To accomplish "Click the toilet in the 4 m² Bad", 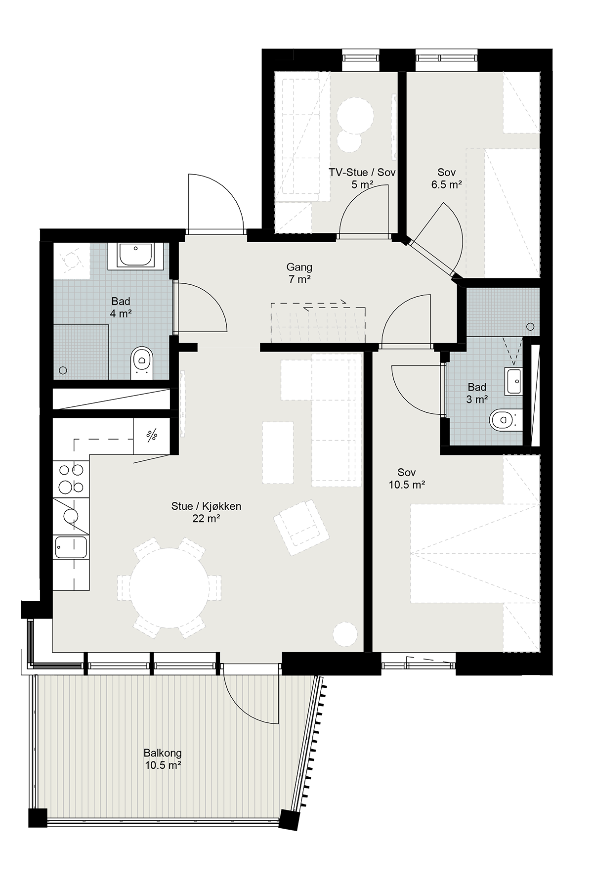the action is (x=142, y=362).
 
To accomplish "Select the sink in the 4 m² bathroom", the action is (x=136, y=255).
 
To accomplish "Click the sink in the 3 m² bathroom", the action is (x=513, y=381).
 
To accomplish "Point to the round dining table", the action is (x=169, y=588).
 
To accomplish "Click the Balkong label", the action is (x=163, y=753).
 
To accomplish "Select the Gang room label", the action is (x=299, y=267).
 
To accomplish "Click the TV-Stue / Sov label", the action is (x=363, y=173).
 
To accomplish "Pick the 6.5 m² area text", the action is (x=446, y=185).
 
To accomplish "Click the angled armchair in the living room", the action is (x=301, y=527).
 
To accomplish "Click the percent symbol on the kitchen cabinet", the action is (x=152, y=436).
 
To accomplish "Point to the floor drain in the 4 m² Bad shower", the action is (x=63, y=370).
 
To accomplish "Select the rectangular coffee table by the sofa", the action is (x=278, y=452).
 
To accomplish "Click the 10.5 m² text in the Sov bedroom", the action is (x=407, y=485).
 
